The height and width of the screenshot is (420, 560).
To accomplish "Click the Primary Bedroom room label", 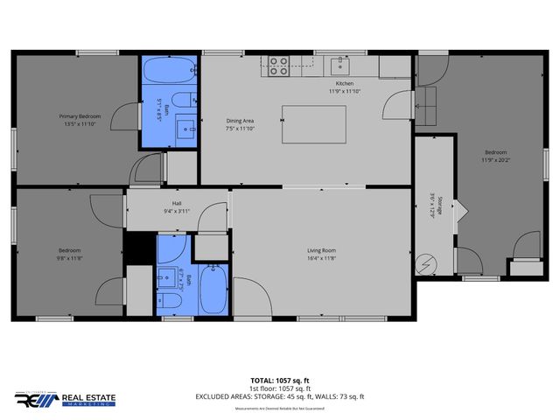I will [79, 116].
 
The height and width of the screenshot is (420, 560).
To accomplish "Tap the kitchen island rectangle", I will [313, 124].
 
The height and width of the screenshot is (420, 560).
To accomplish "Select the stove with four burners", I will [278, 66].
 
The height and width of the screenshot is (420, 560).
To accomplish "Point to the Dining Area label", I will [216, 122].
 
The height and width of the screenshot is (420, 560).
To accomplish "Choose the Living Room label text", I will [321, 250].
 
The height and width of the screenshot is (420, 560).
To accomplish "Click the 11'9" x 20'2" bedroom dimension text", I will [495, 159].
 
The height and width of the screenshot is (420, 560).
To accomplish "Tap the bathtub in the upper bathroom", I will [168, 70].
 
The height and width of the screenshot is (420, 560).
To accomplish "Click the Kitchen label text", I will [344, 83].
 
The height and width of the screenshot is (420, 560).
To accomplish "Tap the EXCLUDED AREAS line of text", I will [279, 396].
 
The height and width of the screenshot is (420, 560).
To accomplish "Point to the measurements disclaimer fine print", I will [279, 408].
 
